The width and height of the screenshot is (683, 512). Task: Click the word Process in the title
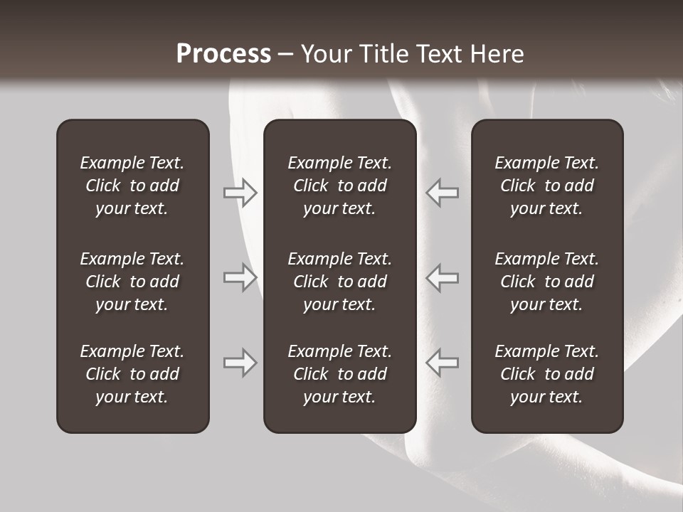(x=223, y=54)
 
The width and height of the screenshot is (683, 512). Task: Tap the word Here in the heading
(x=497, y=54)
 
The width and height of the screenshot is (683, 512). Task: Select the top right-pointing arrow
(x=240, y=193)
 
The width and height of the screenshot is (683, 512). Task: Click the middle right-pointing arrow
(x=240, y=277)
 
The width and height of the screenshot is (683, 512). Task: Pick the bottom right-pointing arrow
(x=240, y=363)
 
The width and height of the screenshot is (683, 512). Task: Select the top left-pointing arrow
(x=442, y=193)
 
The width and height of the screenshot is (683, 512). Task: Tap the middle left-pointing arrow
(x=442, y=277)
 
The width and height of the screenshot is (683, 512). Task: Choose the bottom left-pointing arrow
(x=442, y=363)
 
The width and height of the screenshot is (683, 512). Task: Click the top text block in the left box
(x=132, y=186)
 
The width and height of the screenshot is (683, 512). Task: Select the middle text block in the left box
(x=132, y=282)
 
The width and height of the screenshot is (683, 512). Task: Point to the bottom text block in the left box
(x=132, y=374)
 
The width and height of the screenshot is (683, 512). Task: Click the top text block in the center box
(x=339, y=186)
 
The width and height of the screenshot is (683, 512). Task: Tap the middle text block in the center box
(x=339, y=282)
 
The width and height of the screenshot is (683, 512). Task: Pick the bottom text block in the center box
(x=339, y=374)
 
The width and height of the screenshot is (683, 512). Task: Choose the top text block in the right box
(x=546, y=186)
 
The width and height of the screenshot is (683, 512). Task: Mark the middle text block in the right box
(x=546, y=282)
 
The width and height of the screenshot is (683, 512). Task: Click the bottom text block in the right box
(x=546, y=374)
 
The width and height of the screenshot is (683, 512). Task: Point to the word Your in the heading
(x=324, y=54)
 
